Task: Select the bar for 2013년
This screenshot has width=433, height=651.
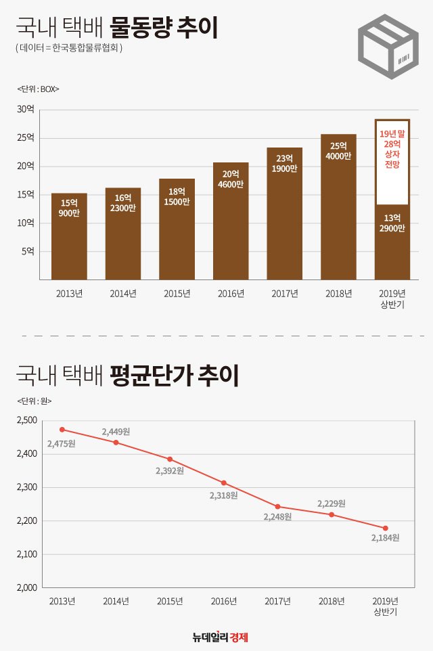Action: coord(69,236)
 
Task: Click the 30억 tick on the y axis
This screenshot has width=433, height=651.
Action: coord(26,110)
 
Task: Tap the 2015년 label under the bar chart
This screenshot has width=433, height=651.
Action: coord(177,293)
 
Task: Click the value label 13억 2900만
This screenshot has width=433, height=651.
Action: coord(392,223)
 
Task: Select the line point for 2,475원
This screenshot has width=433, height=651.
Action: coord(62,429)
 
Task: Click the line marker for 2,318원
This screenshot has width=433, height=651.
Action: coord(224,483)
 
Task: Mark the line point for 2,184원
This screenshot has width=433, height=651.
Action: coord(385,528)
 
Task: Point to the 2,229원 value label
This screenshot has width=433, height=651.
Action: coord(332,503)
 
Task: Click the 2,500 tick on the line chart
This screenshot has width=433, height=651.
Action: coord(26,420)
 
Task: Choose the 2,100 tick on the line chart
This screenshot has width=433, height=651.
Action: coord(26,554)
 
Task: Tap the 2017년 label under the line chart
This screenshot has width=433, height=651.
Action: coord(277,601)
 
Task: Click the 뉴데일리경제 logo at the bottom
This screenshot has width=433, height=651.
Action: coord(221,637)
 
